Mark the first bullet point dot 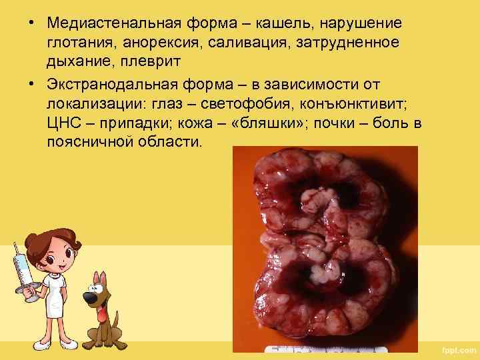click(31, 23)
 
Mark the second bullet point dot click(31, 85)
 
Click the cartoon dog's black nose click(89, 297)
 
